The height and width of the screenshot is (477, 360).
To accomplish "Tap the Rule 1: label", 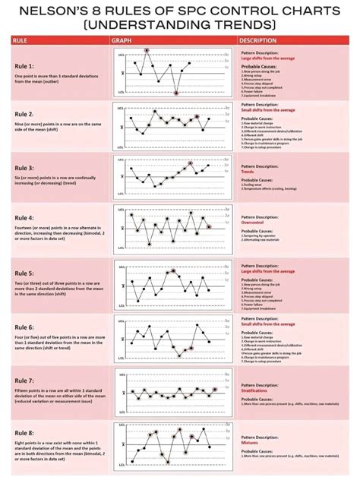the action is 25,67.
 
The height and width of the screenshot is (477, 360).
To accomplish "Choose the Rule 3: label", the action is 25,167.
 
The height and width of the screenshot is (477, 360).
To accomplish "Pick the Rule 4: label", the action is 25,217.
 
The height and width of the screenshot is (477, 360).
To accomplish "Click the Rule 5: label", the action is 25,273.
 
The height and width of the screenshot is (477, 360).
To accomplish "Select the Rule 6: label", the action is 25,327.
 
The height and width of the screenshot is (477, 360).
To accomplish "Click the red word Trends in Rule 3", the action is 248,172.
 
